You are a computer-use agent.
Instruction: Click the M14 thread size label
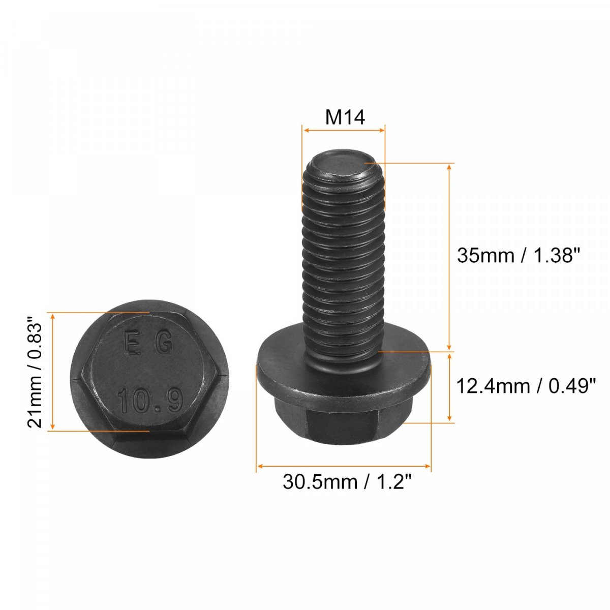click(345, 117)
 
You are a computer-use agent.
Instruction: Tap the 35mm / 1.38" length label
click(518, 255)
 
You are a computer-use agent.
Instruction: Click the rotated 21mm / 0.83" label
click(35, 371)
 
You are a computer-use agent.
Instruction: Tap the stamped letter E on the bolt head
click(132, 343)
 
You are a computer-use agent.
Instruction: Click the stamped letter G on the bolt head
click(165, 343)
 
